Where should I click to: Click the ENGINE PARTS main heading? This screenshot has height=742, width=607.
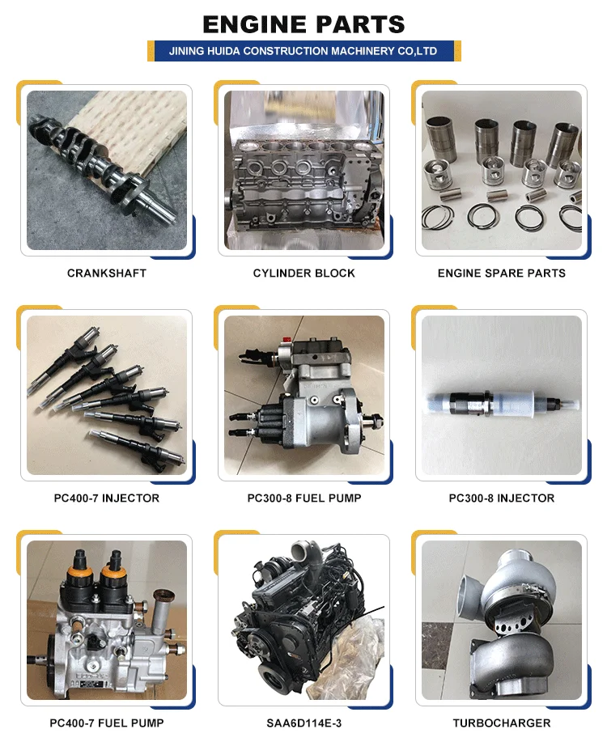(x=303, y=24)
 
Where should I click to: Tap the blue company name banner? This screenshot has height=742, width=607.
(x=304, y=51)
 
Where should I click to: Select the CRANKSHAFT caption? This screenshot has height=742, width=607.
(x=107, y=273)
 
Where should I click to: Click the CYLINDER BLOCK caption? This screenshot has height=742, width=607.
(x=304, y=273)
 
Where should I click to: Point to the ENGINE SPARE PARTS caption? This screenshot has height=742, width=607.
(x=502, y=273)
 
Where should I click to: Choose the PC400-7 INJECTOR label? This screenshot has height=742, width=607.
(x=107, y=498)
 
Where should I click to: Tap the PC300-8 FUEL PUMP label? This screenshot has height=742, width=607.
(x=304, y=498)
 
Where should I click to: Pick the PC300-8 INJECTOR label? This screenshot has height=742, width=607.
(x=502, y=498)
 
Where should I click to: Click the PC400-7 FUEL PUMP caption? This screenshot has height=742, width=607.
(x=107, y=723)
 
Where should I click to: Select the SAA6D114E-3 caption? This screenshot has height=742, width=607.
(x=304, y=723)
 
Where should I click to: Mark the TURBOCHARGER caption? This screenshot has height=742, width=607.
(x=502, y=723)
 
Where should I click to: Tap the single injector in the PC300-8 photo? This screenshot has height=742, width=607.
(x=502, y=404)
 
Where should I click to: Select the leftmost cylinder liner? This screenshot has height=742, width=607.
(x=440, y=136)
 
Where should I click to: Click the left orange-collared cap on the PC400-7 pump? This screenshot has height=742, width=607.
(x=83, y=574)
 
